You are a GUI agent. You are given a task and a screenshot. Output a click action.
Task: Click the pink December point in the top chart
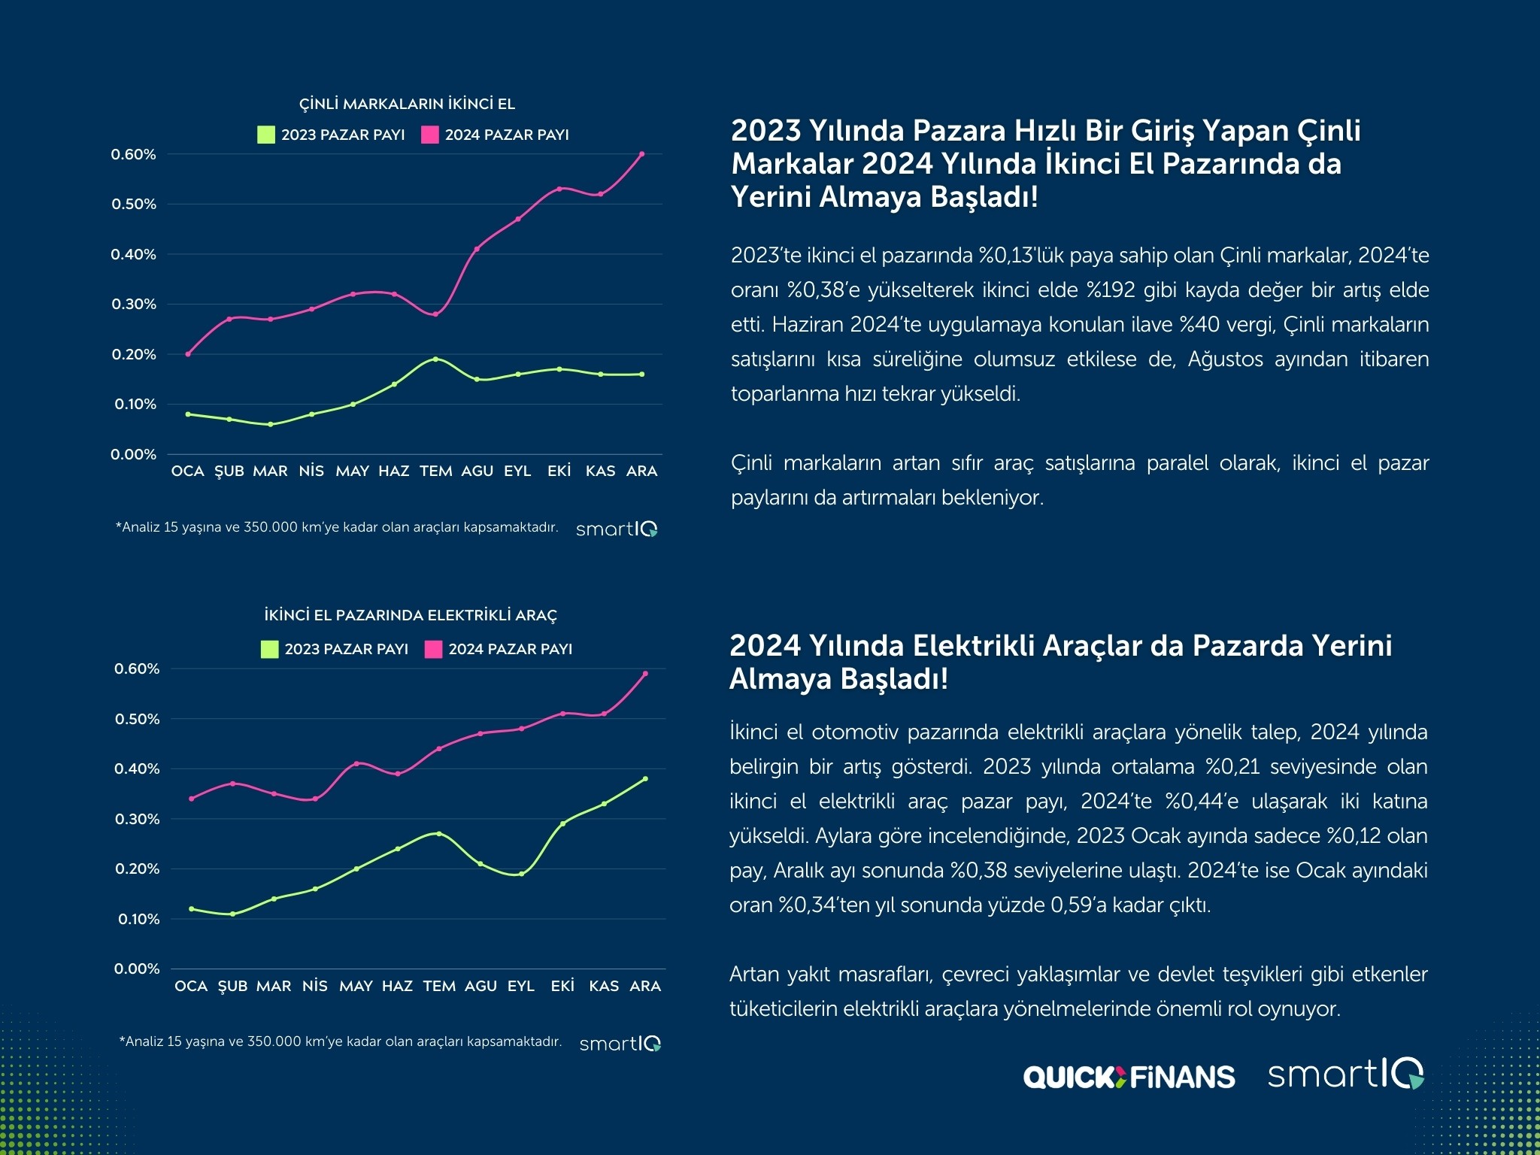[641, 154]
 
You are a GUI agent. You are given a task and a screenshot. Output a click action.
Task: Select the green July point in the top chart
[435, 359]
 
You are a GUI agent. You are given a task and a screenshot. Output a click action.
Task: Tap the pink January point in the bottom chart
[191, 799]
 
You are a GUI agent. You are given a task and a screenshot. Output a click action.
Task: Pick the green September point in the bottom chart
[521, 874]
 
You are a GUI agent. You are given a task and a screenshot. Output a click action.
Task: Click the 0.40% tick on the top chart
[134, 254]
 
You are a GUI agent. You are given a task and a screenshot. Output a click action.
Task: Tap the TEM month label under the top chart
[435, 471]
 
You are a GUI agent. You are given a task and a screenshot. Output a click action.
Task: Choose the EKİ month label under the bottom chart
[562, 986]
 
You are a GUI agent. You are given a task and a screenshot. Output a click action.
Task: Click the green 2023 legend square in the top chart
[266, 135]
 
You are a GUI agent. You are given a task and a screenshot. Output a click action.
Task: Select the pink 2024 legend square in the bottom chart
[433, 649]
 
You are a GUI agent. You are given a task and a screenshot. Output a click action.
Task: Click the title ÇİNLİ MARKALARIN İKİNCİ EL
[407, 104]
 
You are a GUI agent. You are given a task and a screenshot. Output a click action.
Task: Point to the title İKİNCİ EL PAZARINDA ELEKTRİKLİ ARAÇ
[411, 615]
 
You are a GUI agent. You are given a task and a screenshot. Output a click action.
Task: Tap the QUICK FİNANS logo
[1129, 1077]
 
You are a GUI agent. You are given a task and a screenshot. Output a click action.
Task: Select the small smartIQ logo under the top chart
[617, 529]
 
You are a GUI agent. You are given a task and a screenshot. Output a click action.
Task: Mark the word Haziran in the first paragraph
[807, 325]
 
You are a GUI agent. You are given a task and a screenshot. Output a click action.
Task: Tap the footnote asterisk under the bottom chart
[122, 1041]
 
